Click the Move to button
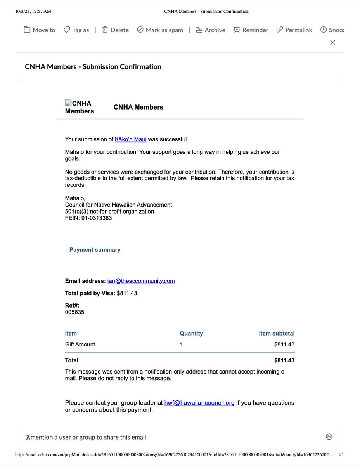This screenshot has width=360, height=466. click(40, 30)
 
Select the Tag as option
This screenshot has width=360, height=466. click(76, 30)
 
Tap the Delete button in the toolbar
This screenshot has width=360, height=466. click(115, 30)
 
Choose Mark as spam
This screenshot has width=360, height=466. click(160, 30)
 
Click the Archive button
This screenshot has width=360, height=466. click(210, 30)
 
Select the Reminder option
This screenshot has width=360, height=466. click(251, 30)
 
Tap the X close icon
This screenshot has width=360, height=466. click(332, 42)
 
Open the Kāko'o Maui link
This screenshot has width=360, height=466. click(130, 139)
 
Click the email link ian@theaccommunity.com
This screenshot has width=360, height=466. click(141, 281)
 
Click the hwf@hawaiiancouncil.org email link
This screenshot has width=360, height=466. click(199, 403)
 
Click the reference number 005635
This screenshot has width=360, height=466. click(74, 312)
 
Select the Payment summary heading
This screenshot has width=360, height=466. click(95, 250)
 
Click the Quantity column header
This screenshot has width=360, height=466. click(191, 333)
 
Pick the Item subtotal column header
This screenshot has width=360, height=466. click(277, 333)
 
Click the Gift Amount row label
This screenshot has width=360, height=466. click(80, 344)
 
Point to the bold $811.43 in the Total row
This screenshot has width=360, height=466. click(284, 360)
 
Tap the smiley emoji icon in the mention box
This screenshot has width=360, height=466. click(329, 437)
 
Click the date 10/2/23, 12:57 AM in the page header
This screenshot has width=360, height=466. click(33, 11)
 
